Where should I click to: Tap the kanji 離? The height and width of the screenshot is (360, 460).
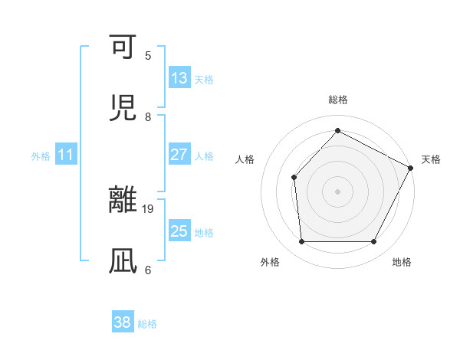pyautogui.click(x=124, y=201)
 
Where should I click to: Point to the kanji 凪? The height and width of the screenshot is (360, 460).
pyautogui.click(x=124, y=261)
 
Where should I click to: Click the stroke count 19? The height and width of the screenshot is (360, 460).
pyautogui.click(x=149, y=208)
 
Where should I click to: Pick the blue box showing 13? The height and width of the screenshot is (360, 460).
pyautogui.click(x=179, y=78)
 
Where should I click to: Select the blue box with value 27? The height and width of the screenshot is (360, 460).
pyautogui.click(x=179, y=155)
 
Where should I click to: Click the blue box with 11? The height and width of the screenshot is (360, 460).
pyautogui.click(x=66, y=155)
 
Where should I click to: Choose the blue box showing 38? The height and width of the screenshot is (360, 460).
pyautogui.click(x=123, y=322)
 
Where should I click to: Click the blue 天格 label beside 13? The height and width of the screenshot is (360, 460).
pyautogui.click(x=204, y=79)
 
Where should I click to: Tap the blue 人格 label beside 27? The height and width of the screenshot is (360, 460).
pyautogui.click(x=204, y=155)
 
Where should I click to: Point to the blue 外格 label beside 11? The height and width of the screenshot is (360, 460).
pyautogui.click(x=41, y=156)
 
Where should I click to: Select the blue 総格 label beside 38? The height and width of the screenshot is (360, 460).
pyautogui.click(x=147, y=323)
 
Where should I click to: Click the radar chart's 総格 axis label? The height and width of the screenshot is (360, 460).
pyautogui.click(x=337, y=100)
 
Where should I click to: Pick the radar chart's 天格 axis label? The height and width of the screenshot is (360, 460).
pyautogui.click(x=432, y=159)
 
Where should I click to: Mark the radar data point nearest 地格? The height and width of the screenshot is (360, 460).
pyautogui.click(x=373, y=242)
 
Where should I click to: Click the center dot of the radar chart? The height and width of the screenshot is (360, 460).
pyautogui.click(x=337, y=191)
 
